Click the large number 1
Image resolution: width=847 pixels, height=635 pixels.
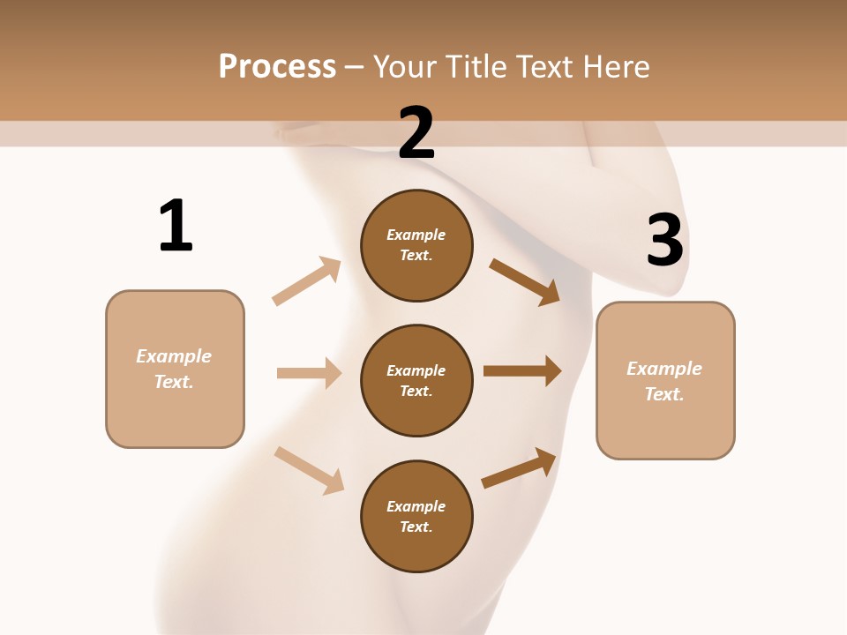tap(176, 226)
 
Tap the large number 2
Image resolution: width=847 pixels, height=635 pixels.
tap(416, 133)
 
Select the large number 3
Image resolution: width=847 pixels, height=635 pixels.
tap(664, 240)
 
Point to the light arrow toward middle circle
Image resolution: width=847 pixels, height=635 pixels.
tap(309, 373)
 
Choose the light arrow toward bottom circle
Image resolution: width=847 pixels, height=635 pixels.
tap(309, 469)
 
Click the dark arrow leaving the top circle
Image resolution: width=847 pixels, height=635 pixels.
tap(525, 281)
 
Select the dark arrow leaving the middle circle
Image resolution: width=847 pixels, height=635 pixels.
tap(522, 371)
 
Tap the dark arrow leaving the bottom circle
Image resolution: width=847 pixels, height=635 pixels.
tap(519, 467)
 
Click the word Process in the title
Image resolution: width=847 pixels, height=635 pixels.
tap(277, 66)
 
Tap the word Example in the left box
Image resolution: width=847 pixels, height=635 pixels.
tap(174, 356)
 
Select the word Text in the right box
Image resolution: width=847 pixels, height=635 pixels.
tap(663, 394)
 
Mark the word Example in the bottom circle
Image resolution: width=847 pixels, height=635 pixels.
tap(416, 506)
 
